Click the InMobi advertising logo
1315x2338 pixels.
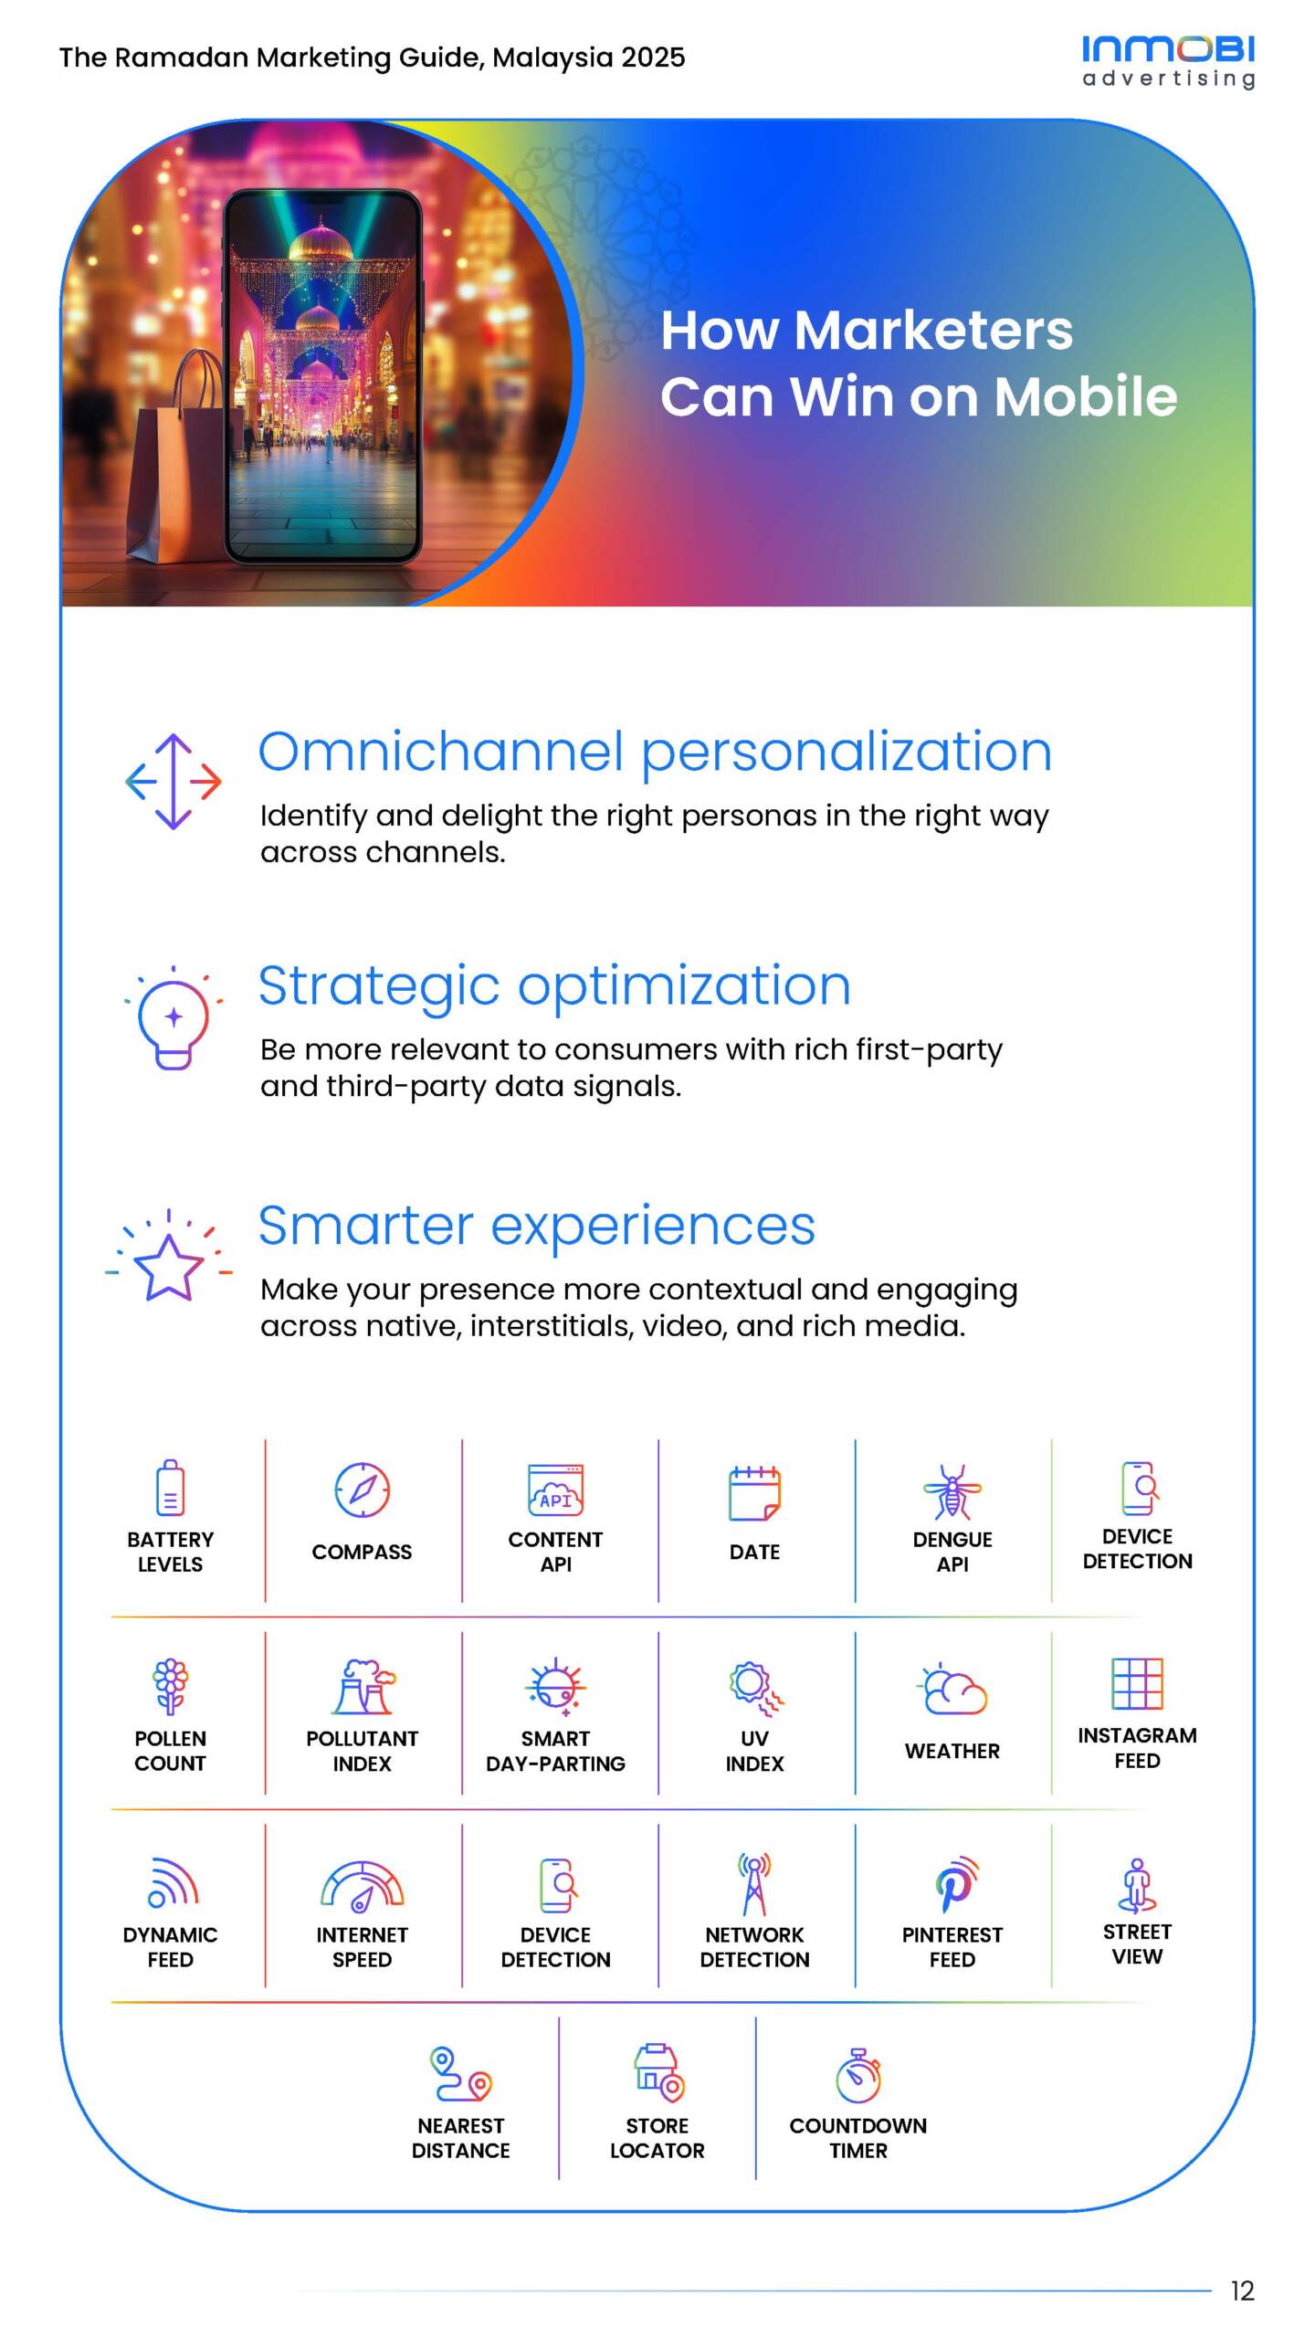[1168, 62]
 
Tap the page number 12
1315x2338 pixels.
[1242, 2291]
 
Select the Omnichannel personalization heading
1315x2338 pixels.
[655, 753]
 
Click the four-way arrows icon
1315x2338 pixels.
[174, 782]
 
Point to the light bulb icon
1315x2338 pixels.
[174, 1017]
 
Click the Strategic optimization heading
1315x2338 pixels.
[554, 987]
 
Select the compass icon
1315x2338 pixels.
[363, 1490]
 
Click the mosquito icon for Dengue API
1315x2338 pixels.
[952, 1491]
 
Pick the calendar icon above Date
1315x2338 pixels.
[754, 1493]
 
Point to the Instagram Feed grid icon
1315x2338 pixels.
[1137, 1683]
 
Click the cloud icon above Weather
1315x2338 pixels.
[952, 1690]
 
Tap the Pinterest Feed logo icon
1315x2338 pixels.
[955, 1884]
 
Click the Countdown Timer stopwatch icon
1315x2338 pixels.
[858, 2075]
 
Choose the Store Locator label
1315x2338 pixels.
[657, 2138]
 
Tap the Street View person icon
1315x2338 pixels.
[1137, 1885]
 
